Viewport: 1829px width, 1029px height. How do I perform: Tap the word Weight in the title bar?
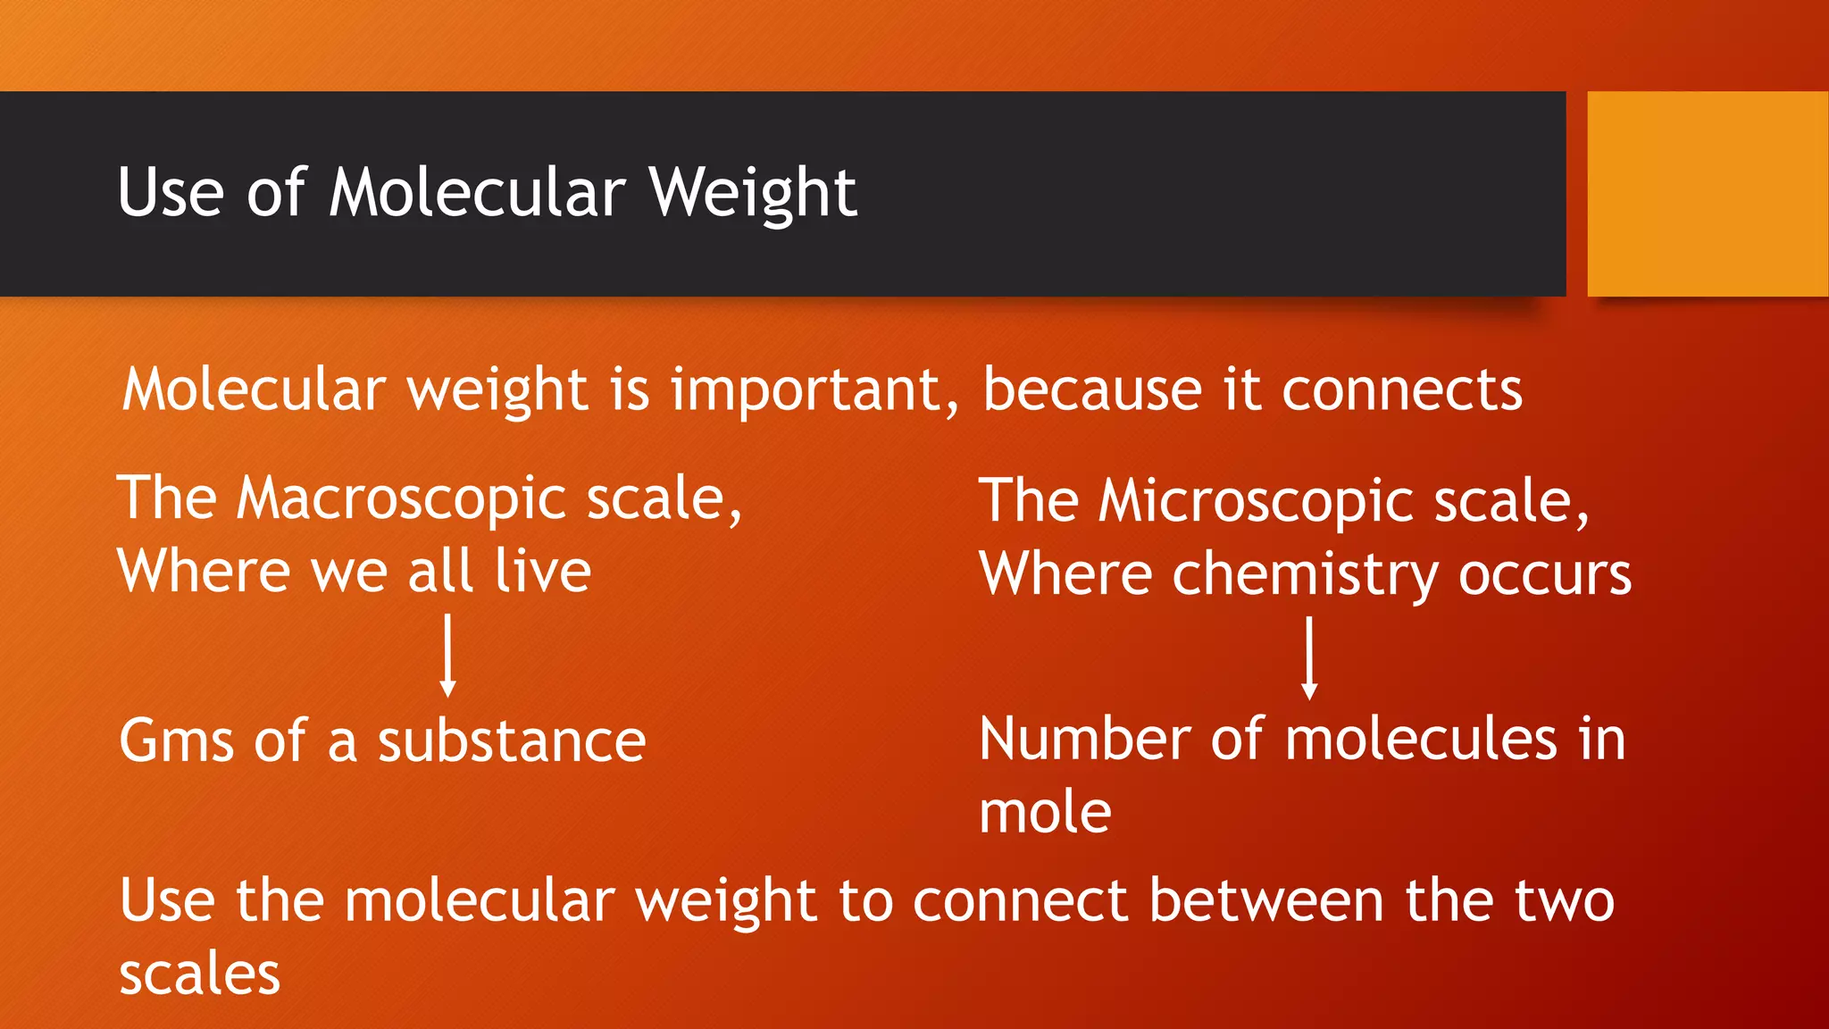[753, 194]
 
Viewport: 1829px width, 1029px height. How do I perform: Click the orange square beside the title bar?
[1707, 193]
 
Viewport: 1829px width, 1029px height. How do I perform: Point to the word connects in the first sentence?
[1402, 390]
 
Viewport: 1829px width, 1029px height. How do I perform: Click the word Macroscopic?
[402, 498]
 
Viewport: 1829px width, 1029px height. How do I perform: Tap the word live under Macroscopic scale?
[543, 571]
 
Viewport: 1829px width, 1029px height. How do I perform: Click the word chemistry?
[1305, 574]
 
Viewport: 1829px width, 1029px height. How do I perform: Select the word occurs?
[1545, 574]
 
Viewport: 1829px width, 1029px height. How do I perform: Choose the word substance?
[511, 741]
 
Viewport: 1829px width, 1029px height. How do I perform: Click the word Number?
[1084, 739]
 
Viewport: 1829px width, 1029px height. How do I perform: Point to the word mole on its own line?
[1045, 812]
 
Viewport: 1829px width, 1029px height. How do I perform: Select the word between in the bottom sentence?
[1266, 899]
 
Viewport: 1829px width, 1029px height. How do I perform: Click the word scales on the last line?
[199, 974]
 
